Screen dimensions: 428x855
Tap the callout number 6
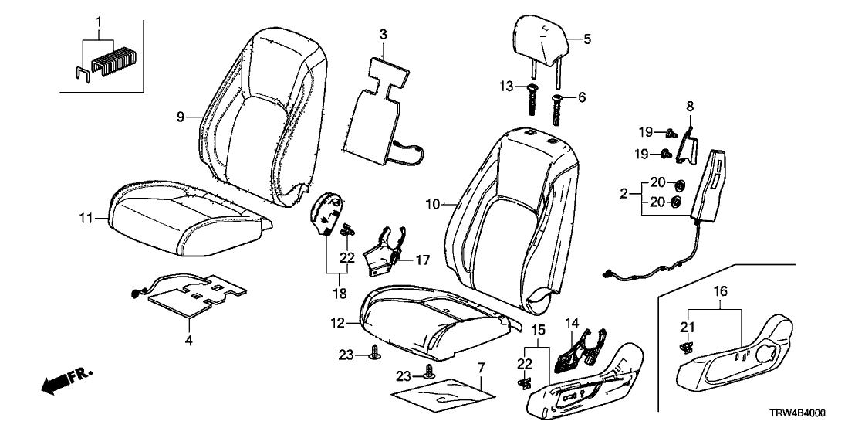coord(582,98)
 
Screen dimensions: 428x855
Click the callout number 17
coord(421,262)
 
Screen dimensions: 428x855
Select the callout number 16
coord(722,291)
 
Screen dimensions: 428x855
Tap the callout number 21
coord(685,325)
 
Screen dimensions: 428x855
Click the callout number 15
coord(540,331)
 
